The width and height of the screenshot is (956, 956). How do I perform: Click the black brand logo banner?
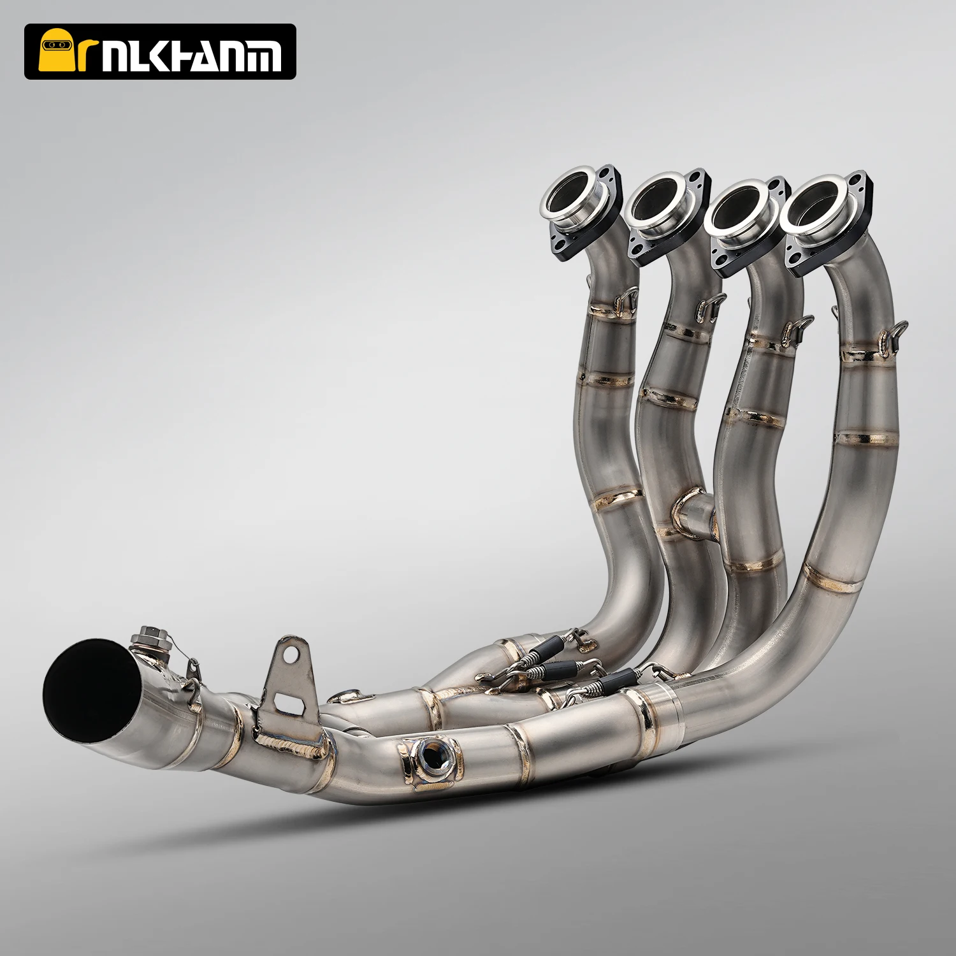point(160,52)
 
